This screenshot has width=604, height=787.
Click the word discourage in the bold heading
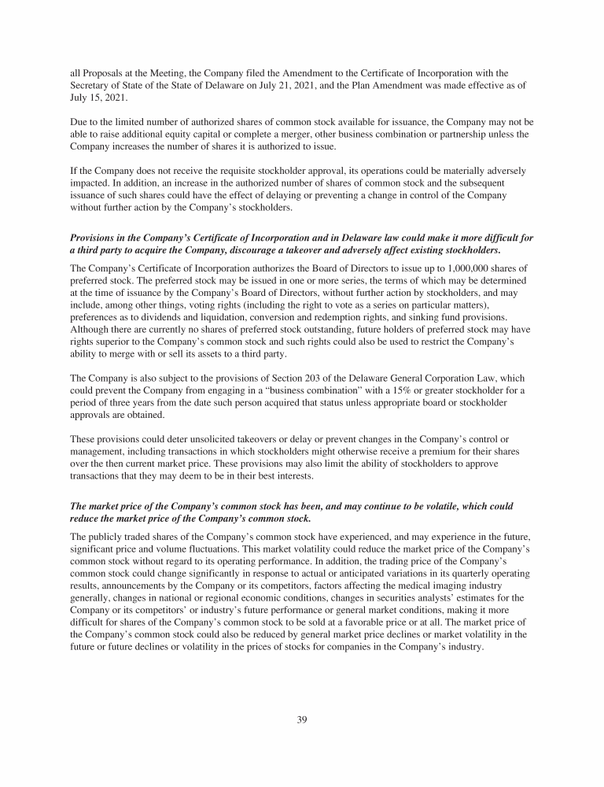[279, 249]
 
